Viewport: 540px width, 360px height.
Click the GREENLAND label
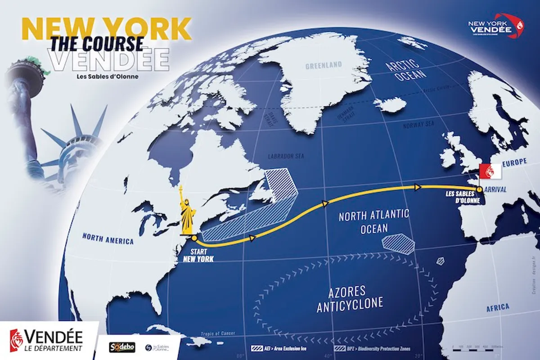(x=324, y=66)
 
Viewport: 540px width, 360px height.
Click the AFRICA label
(x=497, y=308)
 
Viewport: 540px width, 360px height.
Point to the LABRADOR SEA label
(x=286, y=157)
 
